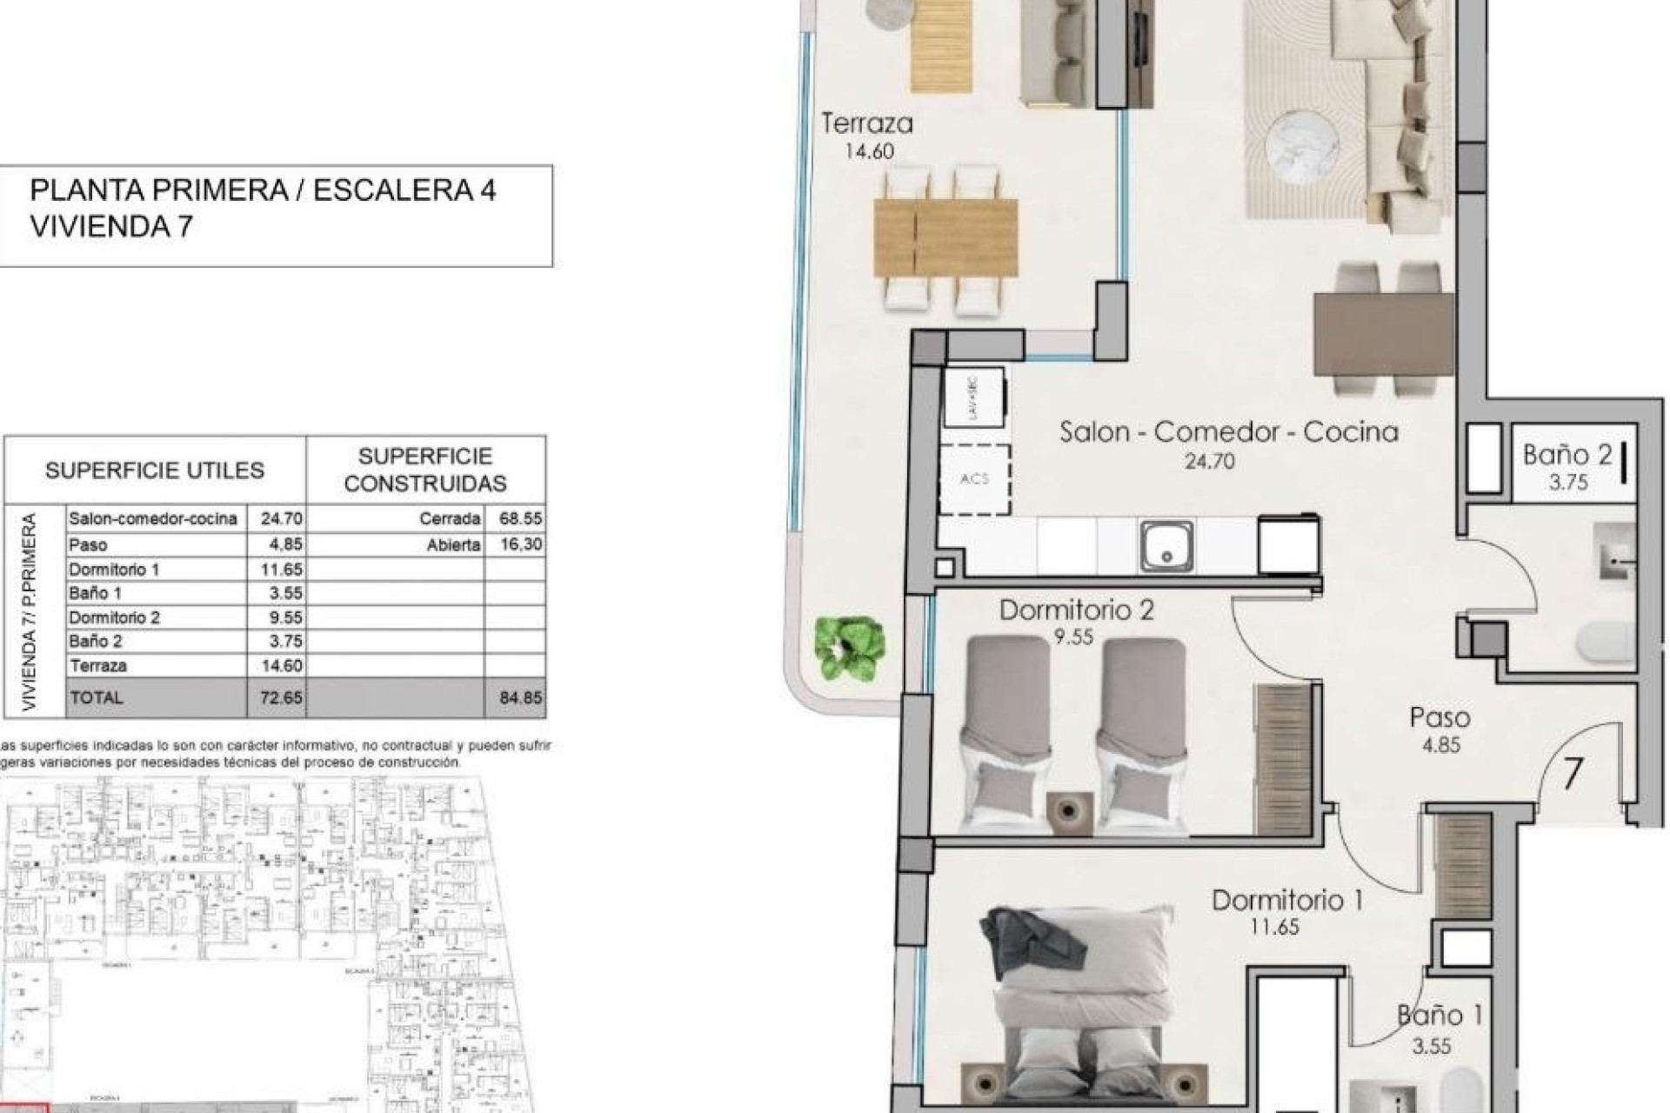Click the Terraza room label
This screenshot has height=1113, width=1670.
tap(867, 124)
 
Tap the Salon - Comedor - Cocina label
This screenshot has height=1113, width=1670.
tap(1228, 432)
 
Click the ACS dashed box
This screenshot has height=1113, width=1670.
tap(974, 479)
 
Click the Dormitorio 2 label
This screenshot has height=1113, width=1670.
tap(1076, 610)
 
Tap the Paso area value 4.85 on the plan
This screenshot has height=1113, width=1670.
tap(1440, 745)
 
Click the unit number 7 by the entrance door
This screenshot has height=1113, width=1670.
tap(1572, 773)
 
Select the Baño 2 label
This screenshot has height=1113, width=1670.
tap(1566, 455)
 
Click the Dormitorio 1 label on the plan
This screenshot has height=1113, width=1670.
tap(1286, 900)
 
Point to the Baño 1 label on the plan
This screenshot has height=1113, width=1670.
tap(1440, 1015)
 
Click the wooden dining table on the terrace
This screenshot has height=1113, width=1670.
tap(945, 237)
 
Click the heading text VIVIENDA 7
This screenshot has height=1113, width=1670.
tap(111, 227)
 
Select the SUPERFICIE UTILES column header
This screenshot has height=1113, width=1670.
tap(154, 470)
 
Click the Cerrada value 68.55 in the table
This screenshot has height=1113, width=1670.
tap(520, 519)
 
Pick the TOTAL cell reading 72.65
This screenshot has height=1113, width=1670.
tap(280, 697)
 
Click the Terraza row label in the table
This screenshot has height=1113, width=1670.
tap(97, 666)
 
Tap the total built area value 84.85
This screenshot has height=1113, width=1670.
tap(520, 697)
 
